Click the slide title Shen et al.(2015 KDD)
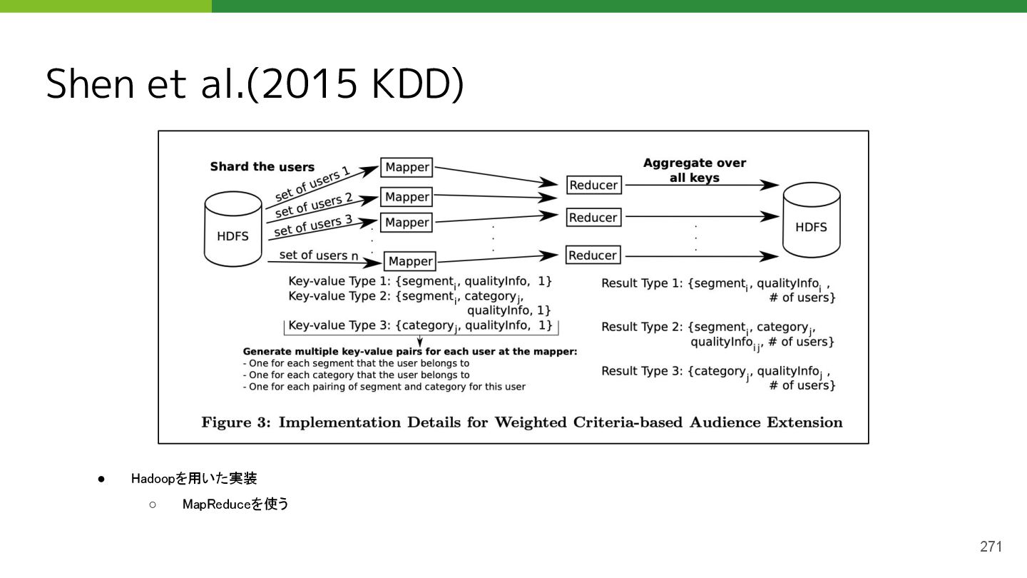[x=255, y=84]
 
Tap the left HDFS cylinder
[x=233, y=230]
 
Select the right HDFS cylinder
[x=811, y=220]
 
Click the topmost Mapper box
[x=407, y=168]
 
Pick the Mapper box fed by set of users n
[x=410, y=261]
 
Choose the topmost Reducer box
[x=593, y=185]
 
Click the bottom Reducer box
[x=593, y=255]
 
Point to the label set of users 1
[x=312, y=183]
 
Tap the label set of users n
[x=319, y=255]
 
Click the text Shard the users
[x=262, y=167]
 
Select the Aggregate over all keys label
[x=694, y=170]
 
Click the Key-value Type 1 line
[x=419, y=282]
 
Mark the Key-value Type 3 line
[x=420, y=325]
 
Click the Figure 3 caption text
[x=521, y=422]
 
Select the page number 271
[x=991, y=547]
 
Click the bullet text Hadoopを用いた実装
[x=194, y=478]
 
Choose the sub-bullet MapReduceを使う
[x=235, y=505]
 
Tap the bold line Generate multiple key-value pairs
[x=409, y=351]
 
